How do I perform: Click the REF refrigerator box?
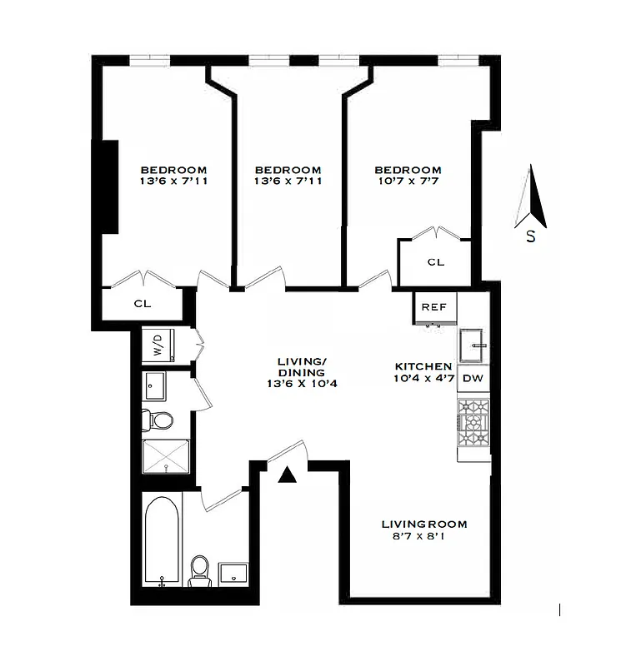[433, 307]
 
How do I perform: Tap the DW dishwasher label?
[472, 379]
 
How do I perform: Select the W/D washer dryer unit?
[157, 345]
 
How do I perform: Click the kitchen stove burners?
[473, 427]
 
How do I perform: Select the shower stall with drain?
[166, 458]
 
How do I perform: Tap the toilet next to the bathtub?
[198, 569]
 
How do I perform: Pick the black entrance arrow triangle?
[288, 475]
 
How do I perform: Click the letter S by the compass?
[530, 236]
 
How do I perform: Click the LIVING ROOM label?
[423, 524]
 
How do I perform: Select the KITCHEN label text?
[423, 366]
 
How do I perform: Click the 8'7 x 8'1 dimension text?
[423, 539]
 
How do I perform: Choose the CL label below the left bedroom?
[143, 304]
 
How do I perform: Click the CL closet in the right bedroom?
[435, 262]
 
